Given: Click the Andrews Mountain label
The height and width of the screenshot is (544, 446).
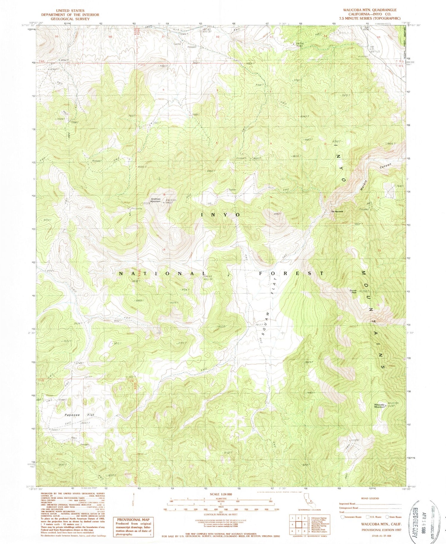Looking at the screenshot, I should (x=156, y=200).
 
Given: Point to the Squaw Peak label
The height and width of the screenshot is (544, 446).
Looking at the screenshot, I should (x=353, y=291).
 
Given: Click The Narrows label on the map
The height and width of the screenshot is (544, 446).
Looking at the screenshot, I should (x=337, y=212).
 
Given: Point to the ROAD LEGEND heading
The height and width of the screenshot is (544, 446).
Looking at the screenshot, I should (x=370, y=499).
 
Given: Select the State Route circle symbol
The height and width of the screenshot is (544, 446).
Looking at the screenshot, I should (x=387, y=517).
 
